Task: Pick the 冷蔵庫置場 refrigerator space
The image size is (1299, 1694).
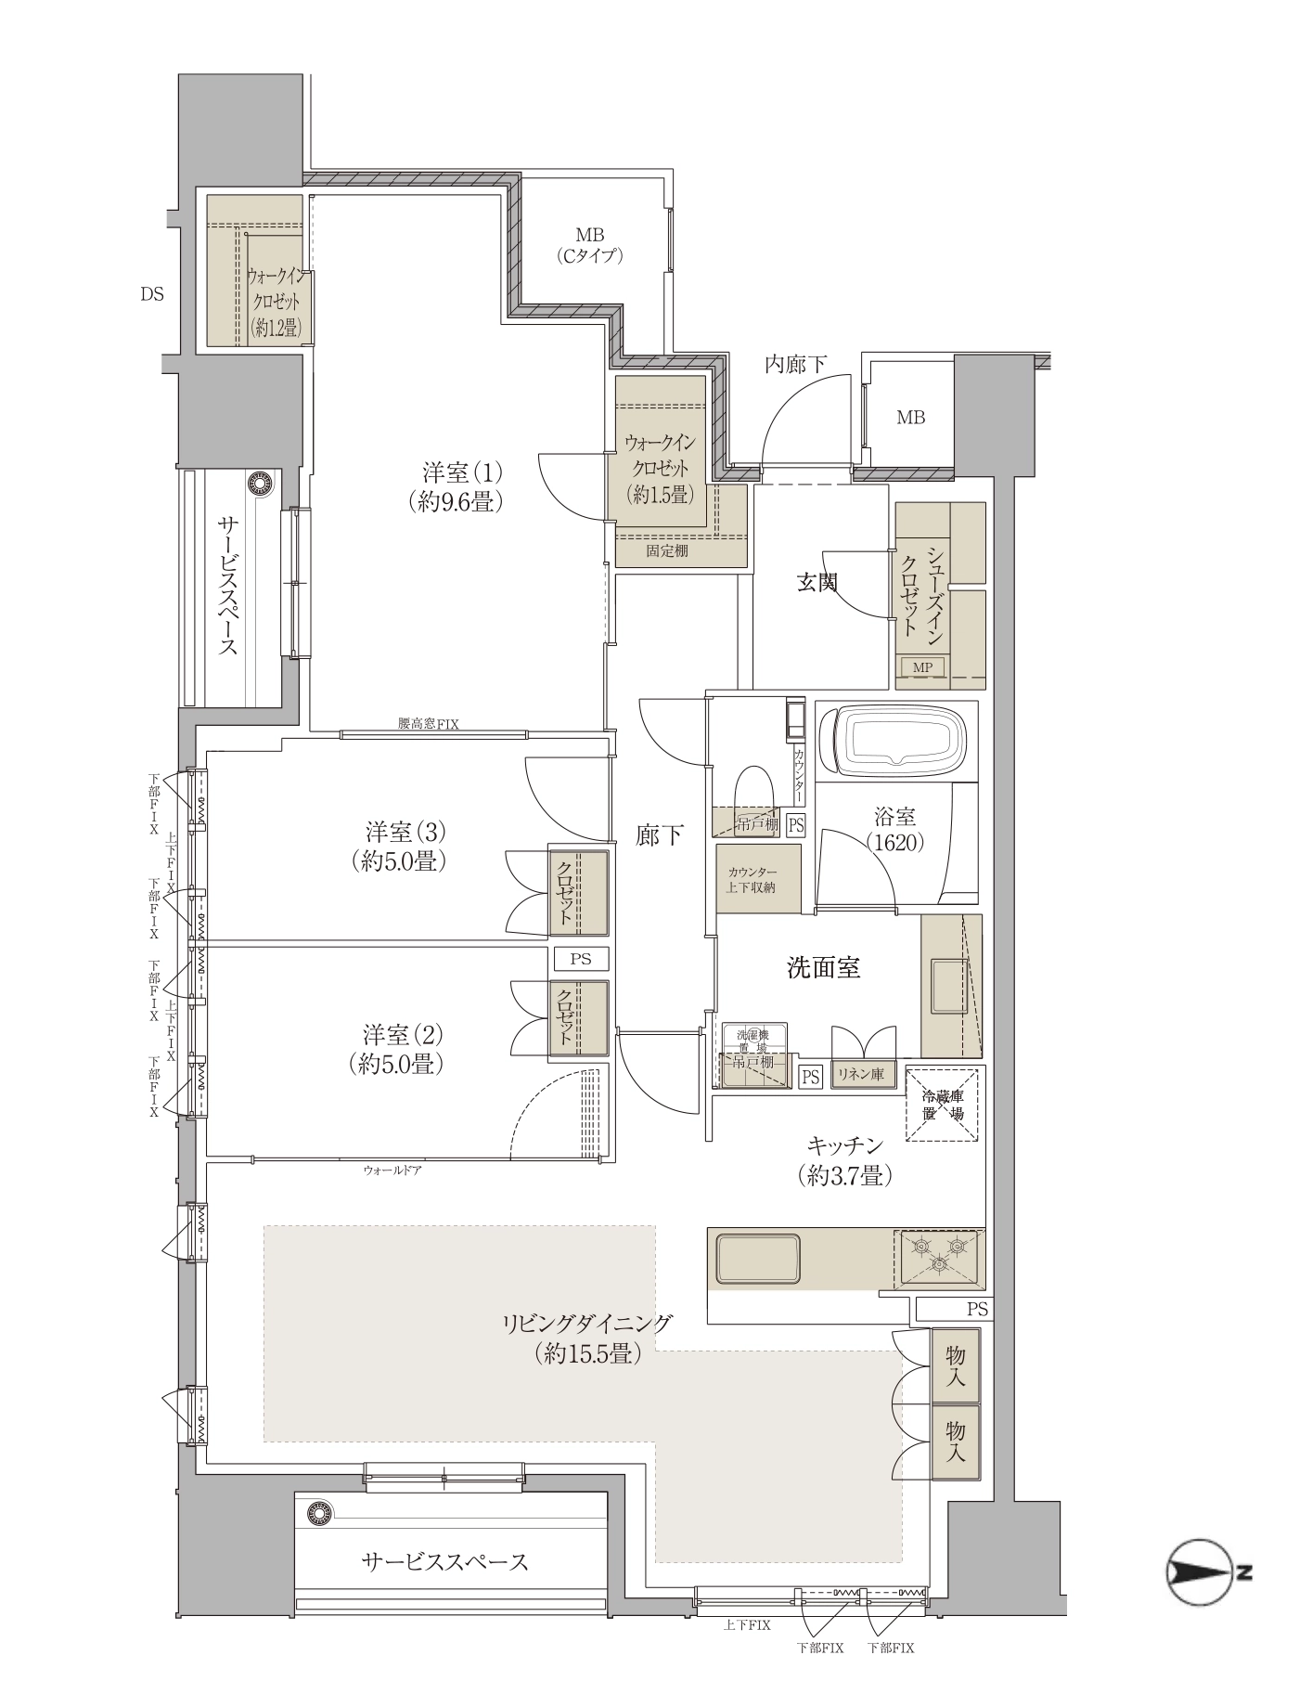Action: (942, 1106)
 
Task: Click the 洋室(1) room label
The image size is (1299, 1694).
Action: (456, 486)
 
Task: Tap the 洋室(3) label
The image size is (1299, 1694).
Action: (401, 845)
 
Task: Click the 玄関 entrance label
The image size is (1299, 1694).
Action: (817, 583)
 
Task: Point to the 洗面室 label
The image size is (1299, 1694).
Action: (823, 968)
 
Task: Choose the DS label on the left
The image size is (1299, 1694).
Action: (152, 294)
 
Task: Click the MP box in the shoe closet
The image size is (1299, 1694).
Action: (922, 666)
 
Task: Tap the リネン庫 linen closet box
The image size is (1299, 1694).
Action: (861, 1075)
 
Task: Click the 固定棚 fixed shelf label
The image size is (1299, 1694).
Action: (667, 550)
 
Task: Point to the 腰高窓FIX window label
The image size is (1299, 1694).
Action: (429, 724)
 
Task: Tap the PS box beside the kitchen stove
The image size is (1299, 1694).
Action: (977, 1310)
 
